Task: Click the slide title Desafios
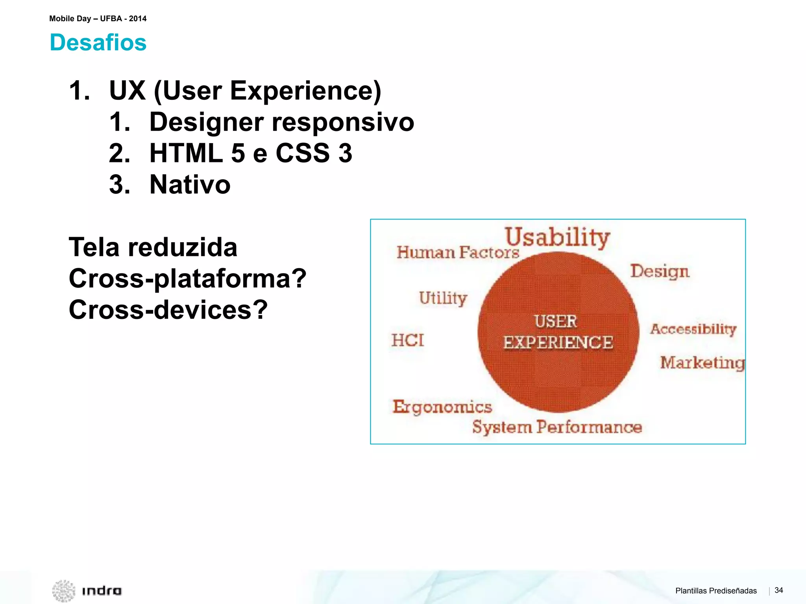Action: coord(98,42)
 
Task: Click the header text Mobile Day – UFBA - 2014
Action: coord(98,18)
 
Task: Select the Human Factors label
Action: coord(458,252)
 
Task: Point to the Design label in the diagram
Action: coord(660,271)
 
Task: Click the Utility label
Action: coord(443,298)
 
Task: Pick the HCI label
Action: coord(408,340)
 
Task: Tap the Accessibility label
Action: coord(693,329)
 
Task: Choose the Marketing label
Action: coord(702,363)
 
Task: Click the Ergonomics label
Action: coord(442,407)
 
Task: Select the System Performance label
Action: coord(557,427)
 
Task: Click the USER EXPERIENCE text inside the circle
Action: coord(558,332)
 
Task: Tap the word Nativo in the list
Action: coord(190,184)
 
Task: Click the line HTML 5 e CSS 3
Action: coord(251,153)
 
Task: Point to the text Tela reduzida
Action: coord(153,247)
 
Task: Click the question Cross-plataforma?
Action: coord(187,278)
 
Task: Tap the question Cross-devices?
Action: coord(168,309)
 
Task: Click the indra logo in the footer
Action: coord(87,590)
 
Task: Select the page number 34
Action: coord(778,590)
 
